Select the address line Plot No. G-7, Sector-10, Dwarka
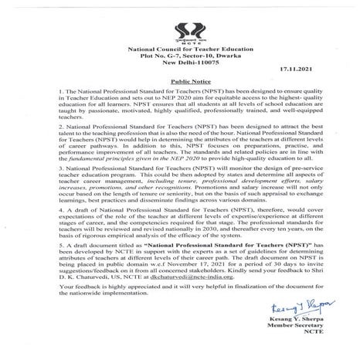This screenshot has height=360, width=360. (x=180, y=56)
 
